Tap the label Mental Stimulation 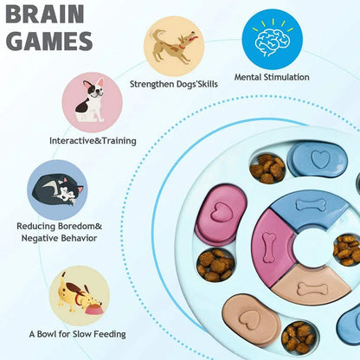point(272,78)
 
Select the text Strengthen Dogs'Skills point(174,84)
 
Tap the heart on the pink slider point(221,213)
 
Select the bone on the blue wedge point(309,205)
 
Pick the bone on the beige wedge point(312,288)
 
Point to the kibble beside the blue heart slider point(268,166)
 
